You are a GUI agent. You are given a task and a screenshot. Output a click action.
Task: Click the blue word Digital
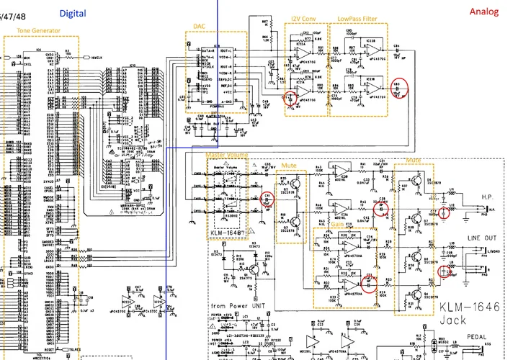(x=72, y=13)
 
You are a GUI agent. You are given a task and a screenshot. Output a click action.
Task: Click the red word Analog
(x=483, y=12)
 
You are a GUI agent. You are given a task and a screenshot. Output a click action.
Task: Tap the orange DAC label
(x=200, y=26)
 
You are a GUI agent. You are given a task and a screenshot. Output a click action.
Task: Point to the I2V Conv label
(x=304, y=19)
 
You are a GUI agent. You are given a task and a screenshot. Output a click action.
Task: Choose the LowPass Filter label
(x=355, y=19)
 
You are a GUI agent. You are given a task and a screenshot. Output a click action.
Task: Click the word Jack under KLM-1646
(x=455, y=320)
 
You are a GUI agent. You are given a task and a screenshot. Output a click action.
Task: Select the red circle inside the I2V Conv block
(x=290, y=99)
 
